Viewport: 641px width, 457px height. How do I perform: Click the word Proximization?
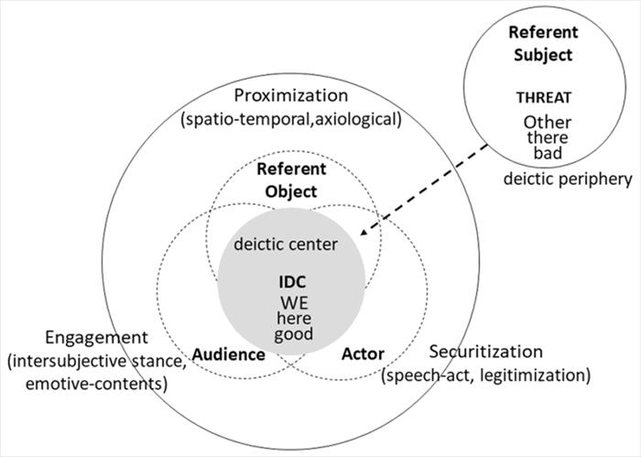(x=291, y=96)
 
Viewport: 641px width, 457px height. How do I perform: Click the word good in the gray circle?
(x=293, y=334)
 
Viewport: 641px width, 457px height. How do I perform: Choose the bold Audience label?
(x=229, y=354)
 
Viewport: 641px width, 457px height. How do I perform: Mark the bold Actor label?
(x=362, y=354)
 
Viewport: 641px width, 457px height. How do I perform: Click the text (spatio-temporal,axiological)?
(x=292, y=120)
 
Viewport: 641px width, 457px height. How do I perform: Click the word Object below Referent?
(x=287, y=191)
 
